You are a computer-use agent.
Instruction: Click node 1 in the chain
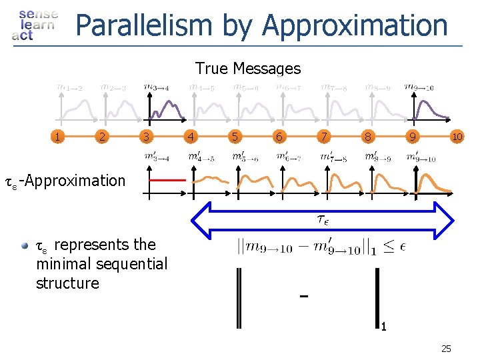tap(60, 137)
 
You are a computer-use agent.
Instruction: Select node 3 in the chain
tap(145, 137)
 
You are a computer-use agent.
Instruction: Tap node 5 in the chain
tap(234, 137)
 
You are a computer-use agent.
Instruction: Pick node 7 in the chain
tap(323, 137)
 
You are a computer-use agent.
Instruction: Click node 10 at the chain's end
tap(457, 137)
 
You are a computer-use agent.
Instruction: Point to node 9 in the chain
tap(414, 137)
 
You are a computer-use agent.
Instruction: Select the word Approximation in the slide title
tap(355, 26)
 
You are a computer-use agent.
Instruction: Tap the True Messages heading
tap(248, 68)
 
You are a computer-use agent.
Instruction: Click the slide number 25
tap(446, 348)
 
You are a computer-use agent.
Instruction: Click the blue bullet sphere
tap(25, 245)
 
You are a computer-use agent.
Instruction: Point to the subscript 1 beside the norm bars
tap(384, 327)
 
